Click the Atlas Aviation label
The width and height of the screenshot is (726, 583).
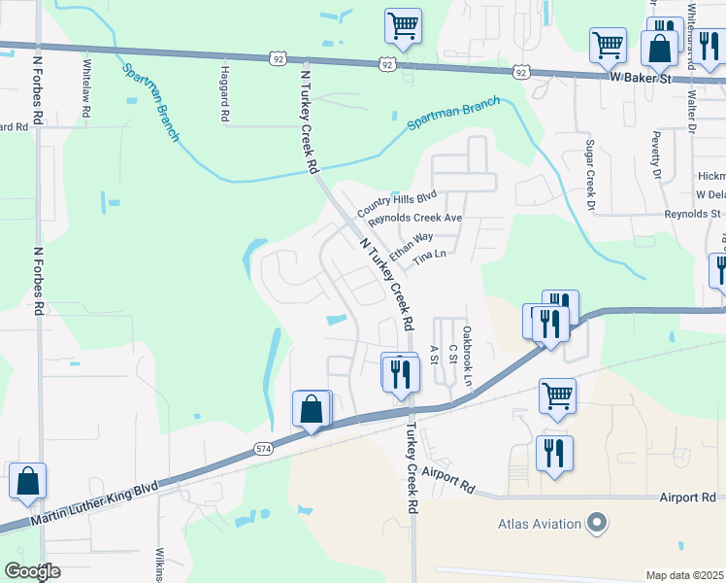click(x=539, y=524)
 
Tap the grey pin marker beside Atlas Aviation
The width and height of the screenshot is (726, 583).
click(x=597, y=524)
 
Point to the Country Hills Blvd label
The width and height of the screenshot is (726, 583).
click(x=396, y=203)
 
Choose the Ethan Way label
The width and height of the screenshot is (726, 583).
click(x=411, y=245)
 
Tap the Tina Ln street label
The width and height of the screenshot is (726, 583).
click(x=428, y=258)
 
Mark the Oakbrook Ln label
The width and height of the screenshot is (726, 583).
click(x=467, y=345)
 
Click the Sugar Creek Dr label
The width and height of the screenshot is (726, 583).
click(x=588, y=175)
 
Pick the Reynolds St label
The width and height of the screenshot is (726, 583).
click(x=692, y=214)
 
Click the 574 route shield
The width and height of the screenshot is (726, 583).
click(x=263, y=448)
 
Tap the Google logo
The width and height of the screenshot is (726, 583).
click(x=32, y=571)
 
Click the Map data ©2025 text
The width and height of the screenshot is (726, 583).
click(x=684, y=575)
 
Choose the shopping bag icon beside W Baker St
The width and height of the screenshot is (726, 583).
click(x=659, y=48)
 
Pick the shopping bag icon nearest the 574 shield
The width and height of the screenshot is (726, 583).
click(x=312, y=409)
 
